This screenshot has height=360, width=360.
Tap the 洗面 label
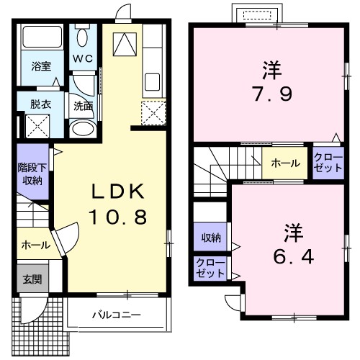click(x=83, y=105)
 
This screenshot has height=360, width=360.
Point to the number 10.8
click(x=118, y=216)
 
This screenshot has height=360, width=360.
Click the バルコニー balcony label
click(x=116, y=315)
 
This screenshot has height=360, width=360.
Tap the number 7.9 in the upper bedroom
click(x=271, y=94)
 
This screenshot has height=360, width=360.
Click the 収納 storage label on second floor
click(x=210, y=238)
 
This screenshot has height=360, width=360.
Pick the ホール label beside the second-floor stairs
click(x=285, y=163)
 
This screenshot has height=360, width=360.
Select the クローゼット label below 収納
click(x=210, y=269)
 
